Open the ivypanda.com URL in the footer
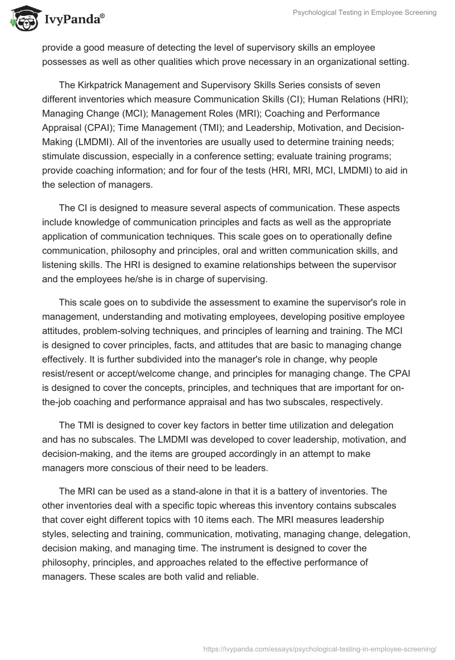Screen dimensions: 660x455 pos(319,648)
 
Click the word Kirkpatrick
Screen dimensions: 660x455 pos(104,85)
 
